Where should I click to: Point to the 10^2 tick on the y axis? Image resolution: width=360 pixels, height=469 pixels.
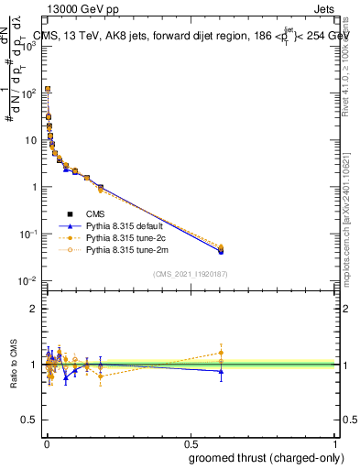32,93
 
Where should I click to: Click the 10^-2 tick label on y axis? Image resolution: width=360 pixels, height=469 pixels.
30,280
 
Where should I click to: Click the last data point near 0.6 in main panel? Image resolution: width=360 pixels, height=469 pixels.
220,249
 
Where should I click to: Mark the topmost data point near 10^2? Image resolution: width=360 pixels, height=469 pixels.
47,90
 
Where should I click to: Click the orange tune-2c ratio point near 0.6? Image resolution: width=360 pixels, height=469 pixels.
220,353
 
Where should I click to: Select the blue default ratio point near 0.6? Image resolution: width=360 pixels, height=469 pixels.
220,371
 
